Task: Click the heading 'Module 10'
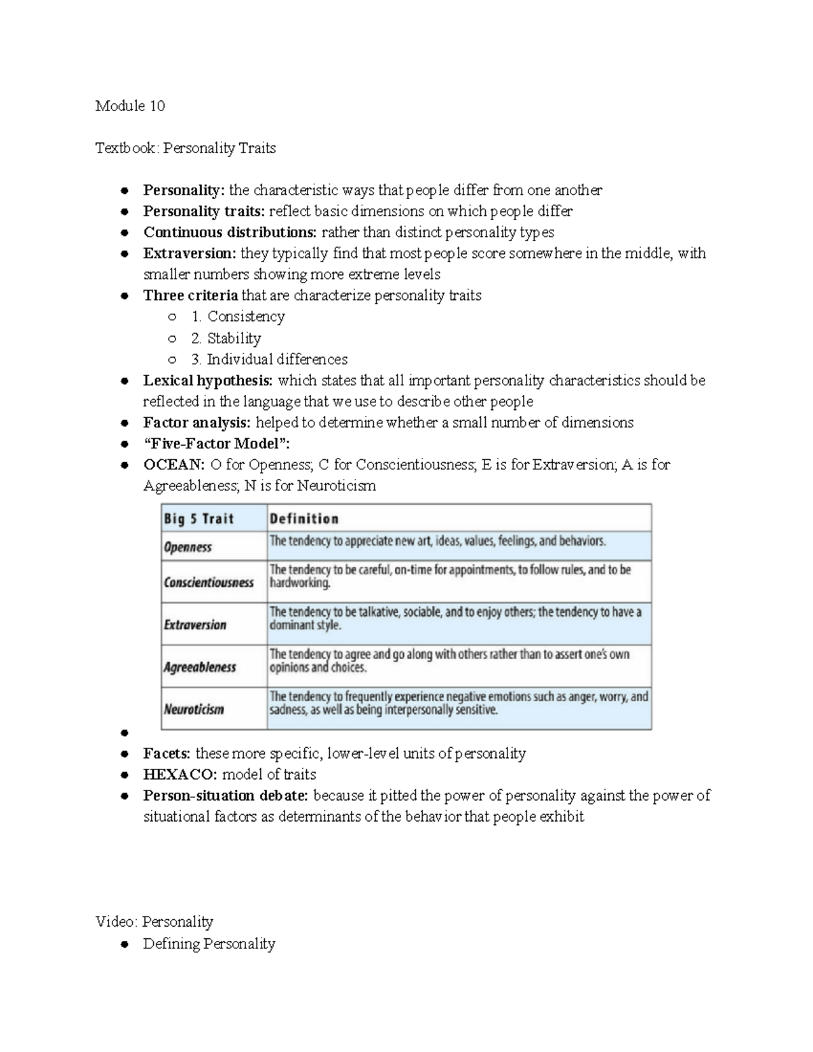point(130,106)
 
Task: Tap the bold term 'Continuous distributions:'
point(230,232)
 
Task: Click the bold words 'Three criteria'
point(190,295)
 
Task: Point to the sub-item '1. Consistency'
point(238,316)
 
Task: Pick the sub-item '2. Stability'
point(226,338)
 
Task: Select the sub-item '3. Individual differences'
point(269,359)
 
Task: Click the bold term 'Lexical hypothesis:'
point(208,381)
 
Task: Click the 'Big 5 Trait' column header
point(199,519)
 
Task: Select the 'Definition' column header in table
point(304,519)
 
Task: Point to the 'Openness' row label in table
point(188,547)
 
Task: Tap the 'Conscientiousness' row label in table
point(209,583)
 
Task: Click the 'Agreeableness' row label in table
point(200,667)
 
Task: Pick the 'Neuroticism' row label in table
point(194,709)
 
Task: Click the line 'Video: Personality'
point(154,921)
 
